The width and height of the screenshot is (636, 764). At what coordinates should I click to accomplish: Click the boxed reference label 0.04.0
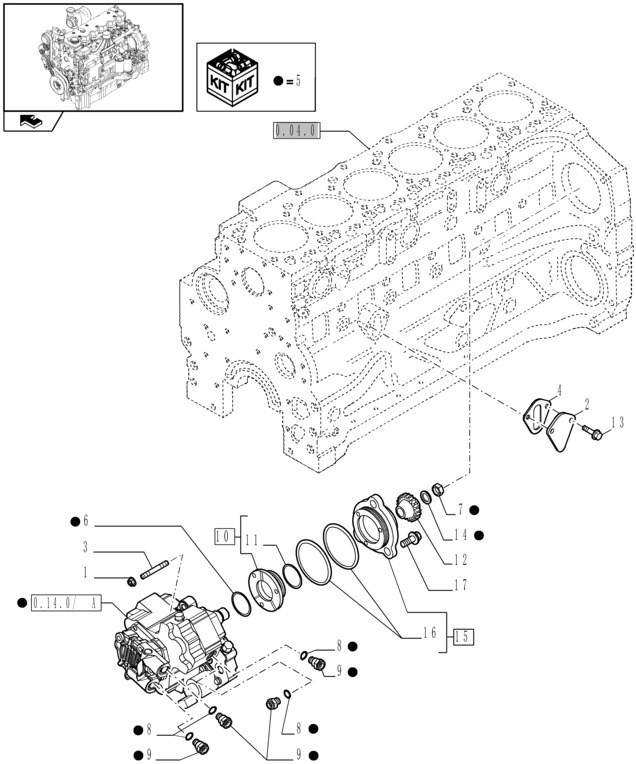click(294, 129)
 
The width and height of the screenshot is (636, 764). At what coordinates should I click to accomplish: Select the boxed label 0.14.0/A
click(66, 603)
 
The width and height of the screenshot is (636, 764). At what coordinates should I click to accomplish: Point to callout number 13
click(616, 422)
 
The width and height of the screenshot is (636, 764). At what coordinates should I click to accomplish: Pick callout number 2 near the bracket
click(586, 403)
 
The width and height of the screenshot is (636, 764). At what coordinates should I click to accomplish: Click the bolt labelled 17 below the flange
click(409, 541)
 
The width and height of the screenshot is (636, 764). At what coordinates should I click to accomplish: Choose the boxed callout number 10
click(224, 537)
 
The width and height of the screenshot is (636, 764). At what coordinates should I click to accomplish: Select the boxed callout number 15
click(462, 635)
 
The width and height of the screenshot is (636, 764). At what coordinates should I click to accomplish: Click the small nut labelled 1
click(131, 581)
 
